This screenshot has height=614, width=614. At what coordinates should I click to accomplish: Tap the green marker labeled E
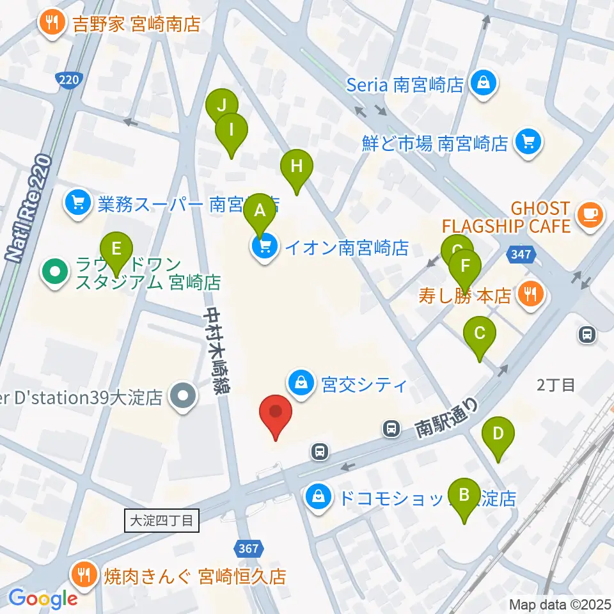coord(116,248)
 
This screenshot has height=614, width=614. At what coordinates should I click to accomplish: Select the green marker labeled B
coord(465,495)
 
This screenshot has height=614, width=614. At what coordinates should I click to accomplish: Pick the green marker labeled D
coord(500,434)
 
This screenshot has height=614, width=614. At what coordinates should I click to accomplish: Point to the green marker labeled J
coord(221,104)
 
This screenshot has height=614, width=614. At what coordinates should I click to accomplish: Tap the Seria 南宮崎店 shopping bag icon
coord(484,83)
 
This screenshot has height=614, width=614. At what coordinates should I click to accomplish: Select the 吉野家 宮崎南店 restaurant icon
coord(51,24)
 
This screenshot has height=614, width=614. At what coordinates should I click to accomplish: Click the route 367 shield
coord(248,548)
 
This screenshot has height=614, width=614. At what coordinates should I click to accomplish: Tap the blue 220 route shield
coord(68,80)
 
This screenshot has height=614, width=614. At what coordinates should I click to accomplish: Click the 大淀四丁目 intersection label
coord(162,520)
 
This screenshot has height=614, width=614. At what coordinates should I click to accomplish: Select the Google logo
coord(43,599)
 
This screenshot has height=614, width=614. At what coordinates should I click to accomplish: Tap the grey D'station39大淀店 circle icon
coord(184,397)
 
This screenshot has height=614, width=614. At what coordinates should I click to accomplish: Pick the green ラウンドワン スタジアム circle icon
coord(55,272)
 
